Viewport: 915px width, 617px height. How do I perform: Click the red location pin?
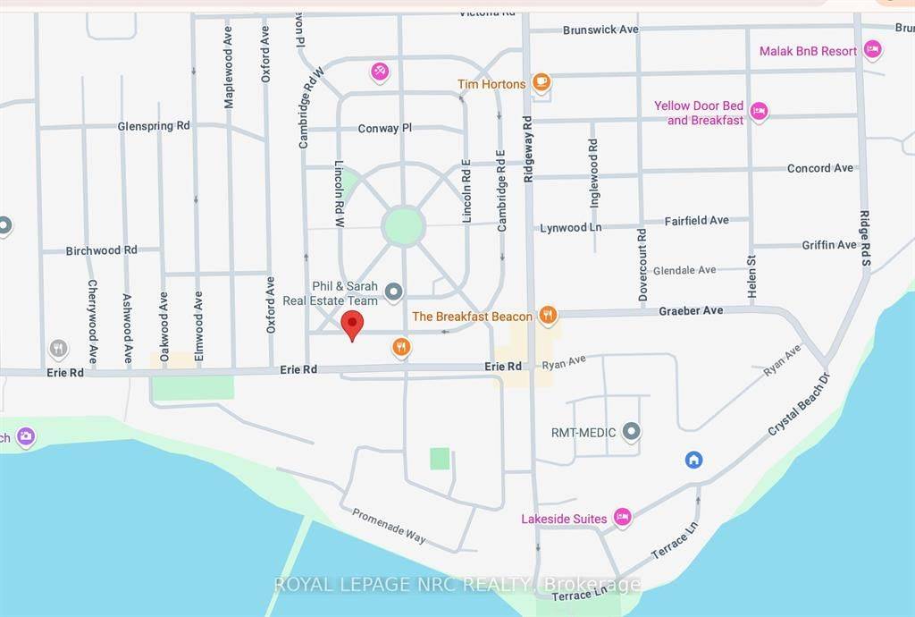coord(353,325)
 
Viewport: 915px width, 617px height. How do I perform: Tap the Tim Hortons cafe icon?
coord(541,83)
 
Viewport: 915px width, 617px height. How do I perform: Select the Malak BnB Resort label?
coord(808,51)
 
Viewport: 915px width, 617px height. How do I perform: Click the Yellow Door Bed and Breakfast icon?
coord(759,112)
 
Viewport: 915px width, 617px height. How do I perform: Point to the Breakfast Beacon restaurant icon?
coord(549,316)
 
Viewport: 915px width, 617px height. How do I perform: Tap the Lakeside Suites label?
coord(564,519)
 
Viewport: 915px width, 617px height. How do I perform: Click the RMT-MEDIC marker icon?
coord(632,433)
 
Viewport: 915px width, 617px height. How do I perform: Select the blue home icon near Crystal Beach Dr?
coord(693,460)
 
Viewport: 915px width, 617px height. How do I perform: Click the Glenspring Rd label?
coord(154,126)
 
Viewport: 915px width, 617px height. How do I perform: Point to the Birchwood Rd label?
coord(102,250)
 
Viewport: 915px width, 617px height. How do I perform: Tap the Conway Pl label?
coord(384,128)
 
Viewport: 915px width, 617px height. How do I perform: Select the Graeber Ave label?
coord(691,310)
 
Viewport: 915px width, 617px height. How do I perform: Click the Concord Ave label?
coord(820,168)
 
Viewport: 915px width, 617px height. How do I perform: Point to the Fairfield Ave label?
coord(696,220)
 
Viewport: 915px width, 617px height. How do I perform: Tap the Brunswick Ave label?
coord(600,30)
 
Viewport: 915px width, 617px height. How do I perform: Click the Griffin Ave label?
coord(829,244)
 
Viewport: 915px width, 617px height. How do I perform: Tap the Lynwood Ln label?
coord(570,228)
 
